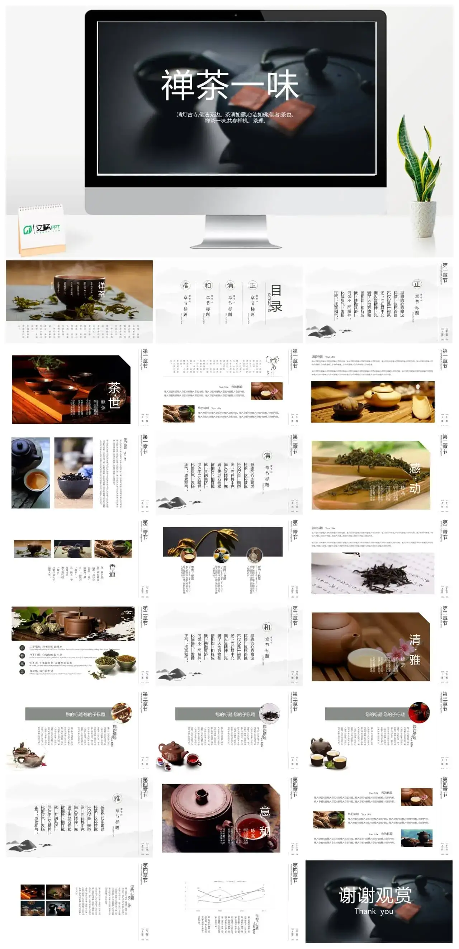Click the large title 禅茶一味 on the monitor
point(229,86)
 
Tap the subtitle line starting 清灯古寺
point(236,114)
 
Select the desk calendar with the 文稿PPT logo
point(41,229)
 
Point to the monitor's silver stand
point(236,230)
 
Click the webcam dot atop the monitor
point(236,15)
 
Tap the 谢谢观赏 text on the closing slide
point(375,895)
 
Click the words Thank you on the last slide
point(374,911)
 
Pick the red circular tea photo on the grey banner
point(419,712)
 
